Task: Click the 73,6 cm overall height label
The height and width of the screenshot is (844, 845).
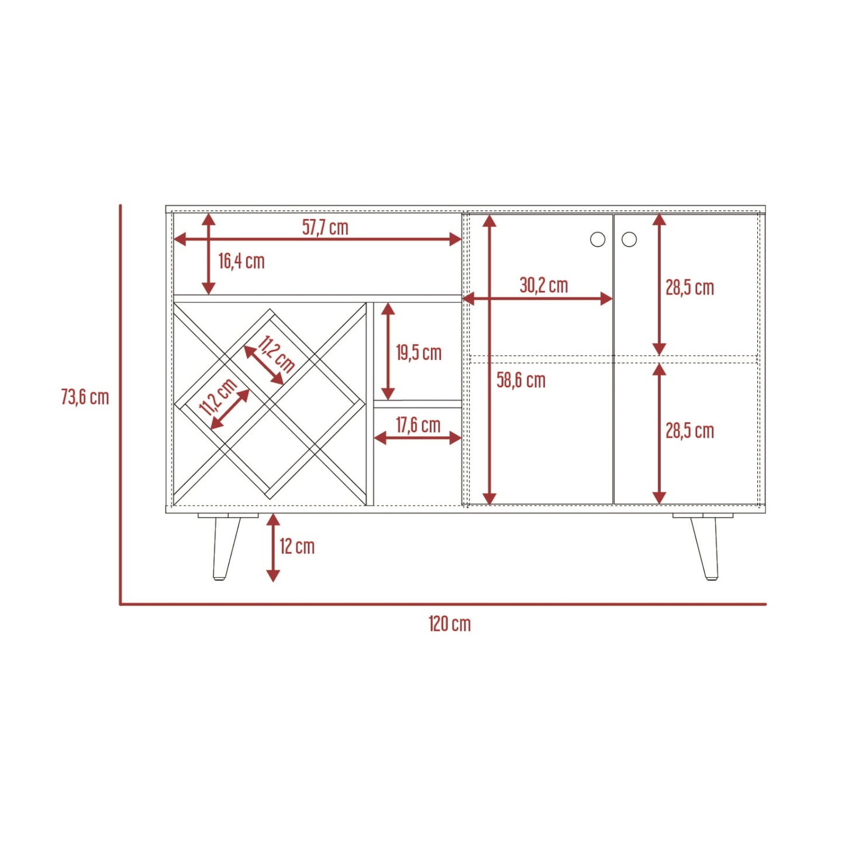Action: click(x=85, y=397)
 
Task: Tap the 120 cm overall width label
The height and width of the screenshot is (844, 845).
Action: click(x=450, y=624)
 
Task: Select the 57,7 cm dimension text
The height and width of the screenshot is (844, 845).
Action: click(x=325, y=227)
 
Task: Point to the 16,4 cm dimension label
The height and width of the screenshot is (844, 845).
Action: click(x=242, y=261)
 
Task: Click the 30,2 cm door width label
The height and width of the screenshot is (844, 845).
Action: click(x=544, y=285)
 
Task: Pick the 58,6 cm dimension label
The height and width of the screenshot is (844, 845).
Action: click(x=521, y=380)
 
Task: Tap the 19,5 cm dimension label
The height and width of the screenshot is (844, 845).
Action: click(x=419, y=353)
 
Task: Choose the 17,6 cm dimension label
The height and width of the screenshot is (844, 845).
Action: click(x=418, y=426)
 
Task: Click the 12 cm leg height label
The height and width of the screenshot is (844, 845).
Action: click(x=297, y=546)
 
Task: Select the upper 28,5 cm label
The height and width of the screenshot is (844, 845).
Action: click(x=690, y=288)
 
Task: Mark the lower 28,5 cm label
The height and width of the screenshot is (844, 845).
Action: click(x=690, y=431)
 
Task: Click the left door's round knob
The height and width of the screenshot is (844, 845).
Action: click(x=598, y=240)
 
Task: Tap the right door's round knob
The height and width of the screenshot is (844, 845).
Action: click(x=629, y=240)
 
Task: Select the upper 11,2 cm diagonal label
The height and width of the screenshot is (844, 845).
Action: click(x=275, y=354)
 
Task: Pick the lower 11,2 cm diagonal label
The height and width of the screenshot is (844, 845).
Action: click(x=218, y=397)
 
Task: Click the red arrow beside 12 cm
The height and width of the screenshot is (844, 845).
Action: click(x=273, y=548)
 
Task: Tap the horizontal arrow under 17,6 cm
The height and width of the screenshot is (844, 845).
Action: click(x=418, y=438)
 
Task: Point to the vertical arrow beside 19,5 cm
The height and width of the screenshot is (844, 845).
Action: click(x=388, y=351)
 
